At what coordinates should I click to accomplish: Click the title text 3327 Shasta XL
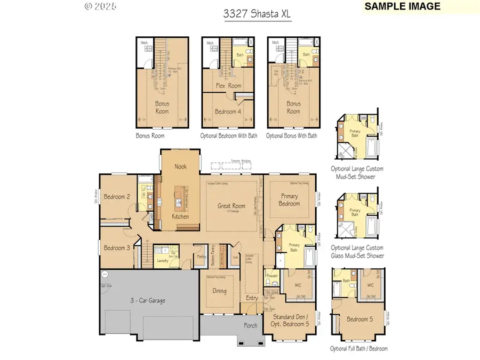[x=257, y=13]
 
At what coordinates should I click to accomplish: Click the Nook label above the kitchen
[x=181, y=166]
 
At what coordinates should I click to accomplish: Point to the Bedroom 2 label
[x=117, y=196]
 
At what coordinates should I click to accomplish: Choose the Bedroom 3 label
[x=117, y=247]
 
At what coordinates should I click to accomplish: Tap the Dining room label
[x=219, y=291]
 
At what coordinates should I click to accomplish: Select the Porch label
[x=250, y=325]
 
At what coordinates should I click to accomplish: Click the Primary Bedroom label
[x=290, y=199]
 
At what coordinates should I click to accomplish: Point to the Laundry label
[x=163, y=261]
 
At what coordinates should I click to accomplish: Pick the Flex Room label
[x=228, y=85]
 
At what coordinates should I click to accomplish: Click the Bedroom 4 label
[x=228, y=111]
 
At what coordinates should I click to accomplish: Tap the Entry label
[x=252, y=298]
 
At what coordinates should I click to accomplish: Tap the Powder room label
[x=272, y=276]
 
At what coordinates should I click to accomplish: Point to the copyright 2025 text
[x=100, y=6]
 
